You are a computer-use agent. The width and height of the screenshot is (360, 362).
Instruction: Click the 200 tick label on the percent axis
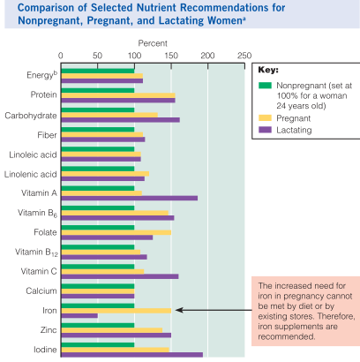tap(207, 55)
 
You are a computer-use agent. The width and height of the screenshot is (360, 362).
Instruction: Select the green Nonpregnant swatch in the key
tap(264, 86)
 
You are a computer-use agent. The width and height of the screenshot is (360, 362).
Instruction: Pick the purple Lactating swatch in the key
tap(264, 130)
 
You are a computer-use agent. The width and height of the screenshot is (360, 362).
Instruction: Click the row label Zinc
tap(43, 329)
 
